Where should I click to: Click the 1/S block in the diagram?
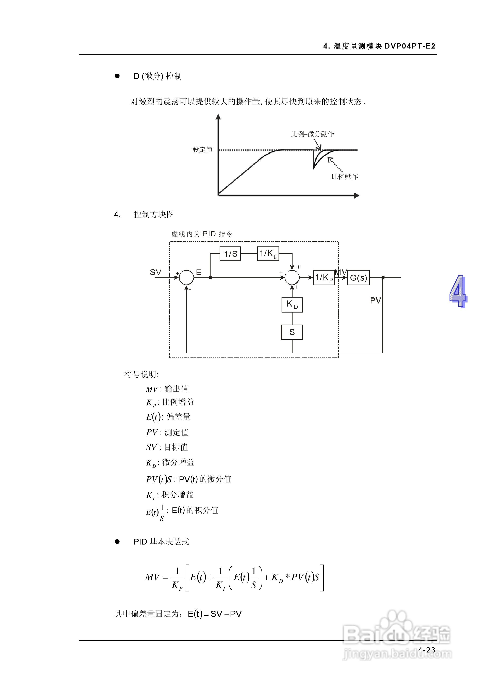tap(230, 254)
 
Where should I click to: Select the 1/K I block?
tap(268, 254)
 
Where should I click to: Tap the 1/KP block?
tap(324, 278)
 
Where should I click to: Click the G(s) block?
tap(358, 278)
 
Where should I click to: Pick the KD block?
tap(292, 305)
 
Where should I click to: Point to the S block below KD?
tap(292, 332)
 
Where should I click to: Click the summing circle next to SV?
tap(186, 278)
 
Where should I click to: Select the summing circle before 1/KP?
tap(292, 278)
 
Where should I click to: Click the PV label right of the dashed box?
tap(375, 300)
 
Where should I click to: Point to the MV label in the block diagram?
tap(341, 272)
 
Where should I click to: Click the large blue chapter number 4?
tap(458, 291)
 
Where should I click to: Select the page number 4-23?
tap(427, 650)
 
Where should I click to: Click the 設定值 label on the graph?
tap(202, 149)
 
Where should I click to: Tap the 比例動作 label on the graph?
tap(345, 177)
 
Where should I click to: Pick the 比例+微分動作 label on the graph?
tap(312, 134)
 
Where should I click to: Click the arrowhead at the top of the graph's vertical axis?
tap(218, 117)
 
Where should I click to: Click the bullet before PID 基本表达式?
tap(117, 542)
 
